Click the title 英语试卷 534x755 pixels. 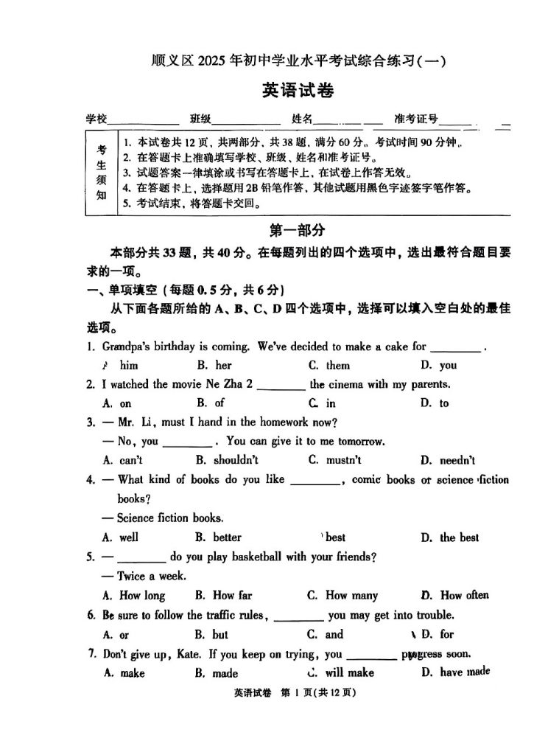tap(298, 91)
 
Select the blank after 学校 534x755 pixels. tap(144, 119)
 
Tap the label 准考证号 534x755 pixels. tap(416, 119)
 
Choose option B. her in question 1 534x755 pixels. tap(214, 365)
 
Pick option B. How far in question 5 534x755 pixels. tap(223, 595)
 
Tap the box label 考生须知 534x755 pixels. tap(102, 172)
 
